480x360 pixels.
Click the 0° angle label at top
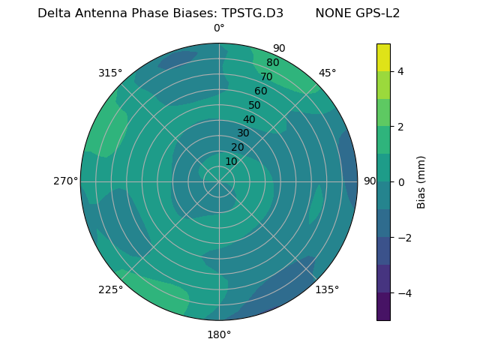[219, 28]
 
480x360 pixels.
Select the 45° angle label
[327, 73]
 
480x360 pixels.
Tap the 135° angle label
[327, 289]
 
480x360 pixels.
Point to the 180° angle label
[219, 334]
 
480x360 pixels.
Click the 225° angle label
[110, 289]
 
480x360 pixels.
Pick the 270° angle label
[65, 181]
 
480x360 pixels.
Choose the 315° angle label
[110, 73]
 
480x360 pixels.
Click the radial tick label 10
[231, 161]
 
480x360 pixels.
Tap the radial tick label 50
[254, 105]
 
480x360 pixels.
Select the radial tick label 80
[272, 62]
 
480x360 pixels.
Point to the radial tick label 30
[243, 133]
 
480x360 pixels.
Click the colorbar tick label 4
[401, 71]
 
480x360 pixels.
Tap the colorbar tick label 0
[401, 182]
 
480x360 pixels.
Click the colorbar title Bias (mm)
[421, 182]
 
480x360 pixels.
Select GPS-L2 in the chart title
[376, 13]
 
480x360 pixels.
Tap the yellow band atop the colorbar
[383, 57]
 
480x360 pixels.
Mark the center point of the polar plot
[219, 181]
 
